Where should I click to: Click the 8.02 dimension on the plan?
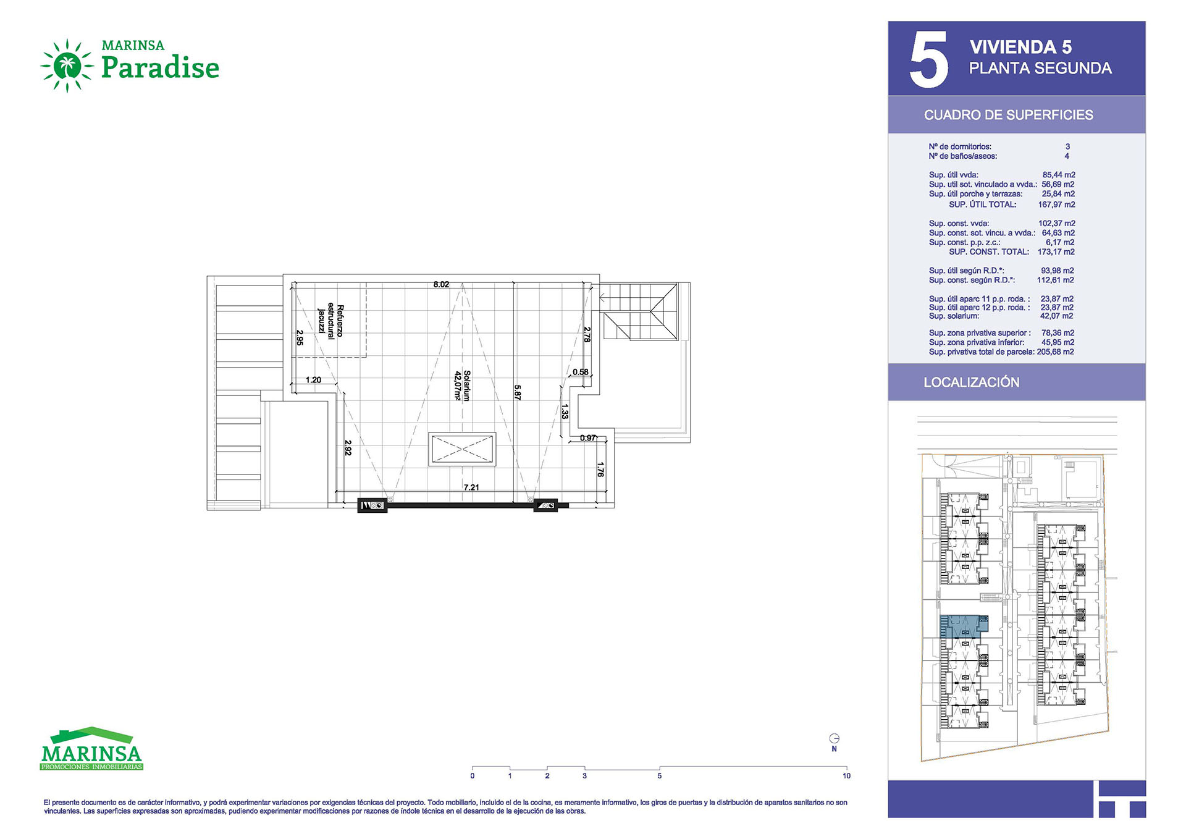pyautogui.click(x=441, y=285)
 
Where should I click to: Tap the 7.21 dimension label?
pyautogui.click(x=471, y=487)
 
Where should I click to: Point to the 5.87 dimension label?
pyautogui.click(x=518, y=392)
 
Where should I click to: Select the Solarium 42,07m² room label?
pyautogui.click(x=463, y=386)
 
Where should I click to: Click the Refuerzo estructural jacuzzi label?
pyautogui.click(x=330, y=320)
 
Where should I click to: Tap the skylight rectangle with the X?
pyautogui.click(x=462, y=449)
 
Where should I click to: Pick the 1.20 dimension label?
pyautogui.click(x=314, y=380)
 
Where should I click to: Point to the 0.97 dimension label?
pyautogui.click(x=588, y=438)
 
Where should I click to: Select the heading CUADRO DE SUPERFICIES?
pyautogui.click(x=1008, y=115)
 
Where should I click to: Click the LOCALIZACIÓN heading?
pyautogui.click(x=971, y=382)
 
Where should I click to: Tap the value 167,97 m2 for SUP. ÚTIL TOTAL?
pyautogui.click(x=1056, y=204)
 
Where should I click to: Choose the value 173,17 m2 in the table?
pyautogui.click(x=1056, y=252)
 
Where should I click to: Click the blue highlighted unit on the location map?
pyautogui.click(x=962, y=626)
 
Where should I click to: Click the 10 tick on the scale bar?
pyautogui.click(x=846, y=776)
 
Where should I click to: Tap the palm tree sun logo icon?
pyautogui.click(x=67, y=65)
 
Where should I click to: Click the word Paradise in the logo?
pyautogui.click(x=160, y=67)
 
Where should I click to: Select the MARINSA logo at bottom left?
pyautogui.click(x=91, y=749)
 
